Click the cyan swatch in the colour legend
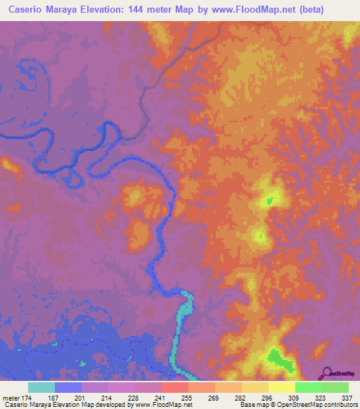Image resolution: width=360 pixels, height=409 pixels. [x=41, y=387]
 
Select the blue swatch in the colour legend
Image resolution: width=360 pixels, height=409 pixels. [x=68, y=387]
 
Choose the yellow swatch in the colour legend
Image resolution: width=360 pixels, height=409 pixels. [x=282, y=387]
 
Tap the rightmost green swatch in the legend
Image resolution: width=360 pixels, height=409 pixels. [x=335, y=387]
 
